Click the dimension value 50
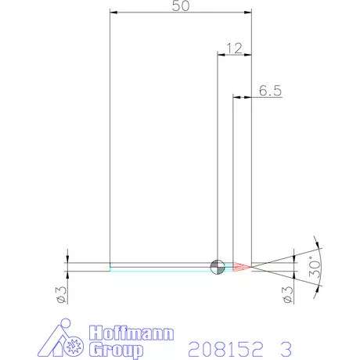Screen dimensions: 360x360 point(181,6)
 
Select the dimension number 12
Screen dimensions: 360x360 point(233,48)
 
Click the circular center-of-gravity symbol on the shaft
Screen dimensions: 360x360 point(217,267)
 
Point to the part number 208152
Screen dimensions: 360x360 point(221,346)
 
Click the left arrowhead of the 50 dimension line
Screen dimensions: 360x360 point(113,13)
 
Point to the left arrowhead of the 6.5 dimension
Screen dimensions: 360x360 point(236,98)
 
